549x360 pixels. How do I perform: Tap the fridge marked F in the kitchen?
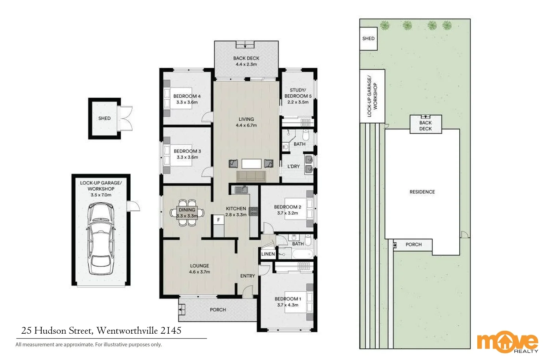click(219, 220)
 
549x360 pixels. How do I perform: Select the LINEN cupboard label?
click(268, 254)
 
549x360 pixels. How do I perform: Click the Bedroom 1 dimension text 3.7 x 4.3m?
click(288, 305)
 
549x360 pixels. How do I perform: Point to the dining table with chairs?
click(187, 213)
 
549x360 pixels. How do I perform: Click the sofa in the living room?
click(251, 176)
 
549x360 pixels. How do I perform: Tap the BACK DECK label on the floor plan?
click(246, 58)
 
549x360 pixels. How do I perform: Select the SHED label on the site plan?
click(368, 38)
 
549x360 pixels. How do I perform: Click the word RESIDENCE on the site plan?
click(422, 192)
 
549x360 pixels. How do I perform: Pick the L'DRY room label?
click(294, 166)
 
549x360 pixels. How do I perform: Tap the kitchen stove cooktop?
click(253, 211)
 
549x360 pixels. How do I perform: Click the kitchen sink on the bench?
click(241, 190)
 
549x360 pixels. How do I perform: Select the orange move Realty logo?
click(507, 342)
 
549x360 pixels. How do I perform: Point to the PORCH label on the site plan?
click(413, 244)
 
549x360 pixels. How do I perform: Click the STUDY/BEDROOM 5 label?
click(298, 93)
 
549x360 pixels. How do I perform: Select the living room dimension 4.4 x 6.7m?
click(246, 125)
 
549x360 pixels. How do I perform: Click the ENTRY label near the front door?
click(247, 276)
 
